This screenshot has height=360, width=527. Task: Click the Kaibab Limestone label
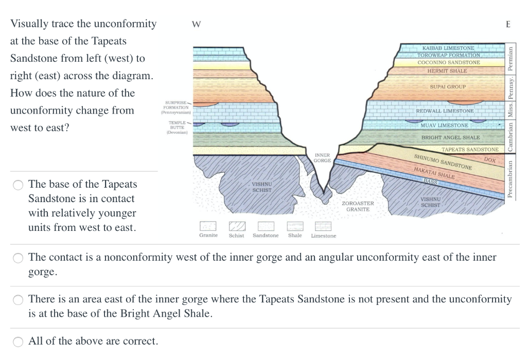click(448, 48)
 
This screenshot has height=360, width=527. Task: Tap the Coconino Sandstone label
click(449, 62)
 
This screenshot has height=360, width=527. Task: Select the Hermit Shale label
click(447, 71)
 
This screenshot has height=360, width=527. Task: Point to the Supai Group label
click(448, 86)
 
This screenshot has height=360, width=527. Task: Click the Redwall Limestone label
click(445, 111)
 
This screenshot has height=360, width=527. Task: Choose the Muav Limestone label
click(444, 125)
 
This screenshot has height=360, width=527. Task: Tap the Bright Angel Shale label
click(451, 137)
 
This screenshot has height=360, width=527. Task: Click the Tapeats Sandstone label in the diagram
click(470, 150)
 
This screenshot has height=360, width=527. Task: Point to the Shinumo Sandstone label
click(443, 162)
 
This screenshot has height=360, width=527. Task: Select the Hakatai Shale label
click(434, 173)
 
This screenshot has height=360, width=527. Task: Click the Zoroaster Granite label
click(358, 206)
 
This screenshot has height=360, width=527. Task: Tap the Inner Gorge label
click(322, 158)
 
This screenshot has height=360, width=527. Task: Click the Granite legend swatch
click(208, 226)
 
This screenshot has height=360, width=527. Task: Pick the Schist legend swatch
click(237, 226)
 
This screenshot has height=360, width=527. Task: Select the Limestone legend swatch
click(323, 226)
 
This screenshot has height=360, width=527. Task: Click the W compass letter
click(196, 24)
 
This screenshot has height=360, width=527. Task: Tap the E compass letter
click(508, 24)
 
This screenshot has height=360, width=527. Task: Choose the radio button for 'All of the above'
click(18, 341)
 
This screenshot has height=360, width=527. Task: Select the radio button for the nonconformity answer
click(18, 258)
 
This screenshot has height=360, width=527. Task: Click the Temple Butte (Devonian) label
click(177, 128)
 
